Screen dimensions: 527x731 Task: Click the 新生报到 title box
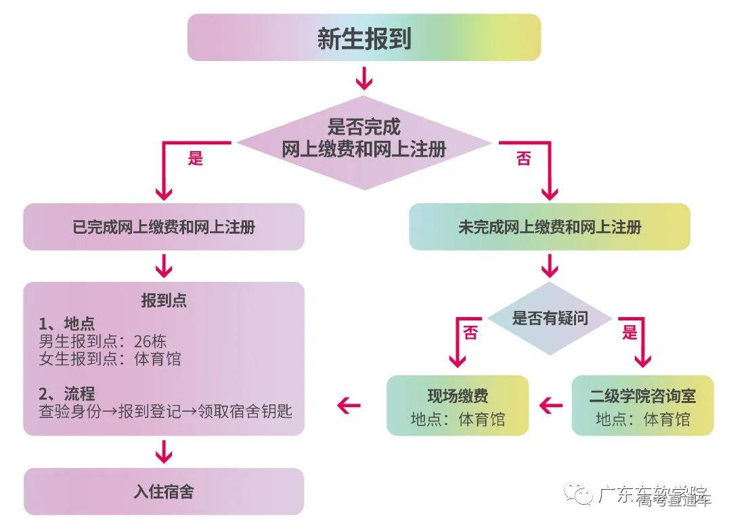click(364, 38)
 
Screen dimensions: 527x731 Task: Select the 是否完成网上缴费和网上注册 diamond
click(364, 138)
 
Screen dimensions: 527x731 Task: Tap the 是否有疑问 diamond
click(550, 318)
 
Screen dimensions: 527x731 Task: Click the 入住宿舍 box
click(164, 491)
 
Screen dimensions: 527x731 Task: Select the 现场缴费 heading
click(458, 396)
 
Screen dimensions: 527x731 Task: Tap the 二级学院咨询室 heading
click(642, 396)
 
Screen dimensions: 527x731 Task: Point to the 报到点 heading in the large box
click(164, 301)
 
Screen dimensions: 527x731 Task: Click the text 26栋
click(150, 341)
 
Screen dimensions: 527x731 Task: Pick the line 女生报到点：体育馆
click(110, 359)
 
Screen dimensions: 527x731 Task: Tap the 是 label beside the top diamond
click(196, 160)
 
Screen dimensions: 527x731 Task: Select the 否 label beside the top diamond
click(523, 160)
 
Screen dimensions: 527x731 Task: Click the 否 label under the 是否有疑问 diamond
click(470, 333)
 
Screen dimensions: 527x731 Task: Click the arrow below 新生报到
click(364, 78)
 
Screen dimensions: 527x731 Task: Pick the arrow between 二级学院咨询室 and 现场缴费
click(551, 406)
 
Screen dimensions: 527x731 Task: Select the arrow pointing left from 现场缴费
click(349, 406)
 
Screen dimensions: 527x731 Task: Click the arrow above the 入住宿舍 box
click(164, 450)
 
